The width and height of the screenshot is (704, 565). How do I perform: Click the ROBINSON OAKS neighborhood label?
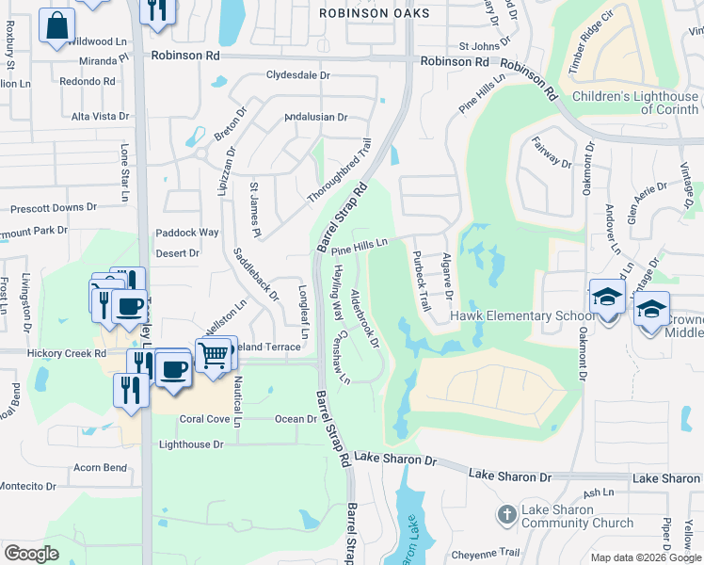pyautogui.click(x=374, y=13)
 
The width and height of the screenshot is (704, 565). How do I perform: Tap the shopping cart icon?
pyautogui.click(x=216, y=355)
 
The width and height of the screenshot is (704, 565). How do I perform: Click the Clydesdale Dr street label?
pyautogui.click(x=298, y=74)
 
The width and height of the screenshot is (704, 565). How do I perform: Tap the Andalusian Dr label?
pyautogui.click(x=316, y=118)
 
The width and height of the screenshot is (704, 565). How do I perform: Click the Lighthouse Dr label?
pyautogui.click(x=191, y=444)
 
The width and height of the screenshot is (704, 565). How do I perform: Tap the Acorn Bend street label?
pyautogui.click(x=100, y=467)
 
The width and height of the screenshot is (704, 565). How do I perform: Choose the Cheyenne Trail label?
pyautogui.click(x=483, y=553)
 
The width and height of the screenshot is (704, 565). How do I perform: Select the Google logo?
pyautogui.click(x=31, y=554)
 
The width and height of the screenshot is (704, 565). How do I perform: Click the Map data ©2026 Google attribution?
pyautogui.click(x=645, y=557)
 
